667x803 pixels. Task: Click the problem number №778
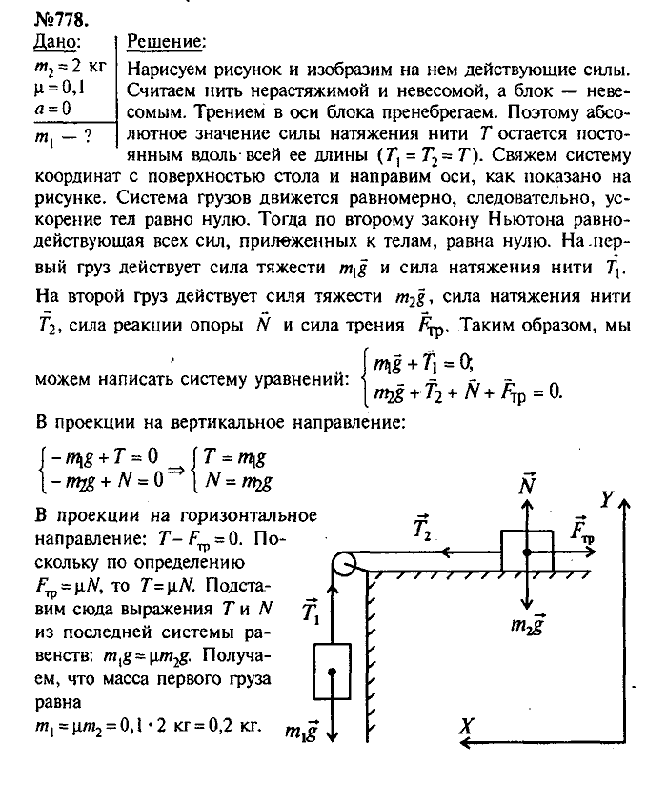tap(35, 16)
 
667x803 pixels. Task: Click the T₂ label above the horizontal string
tap(424, 529)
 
